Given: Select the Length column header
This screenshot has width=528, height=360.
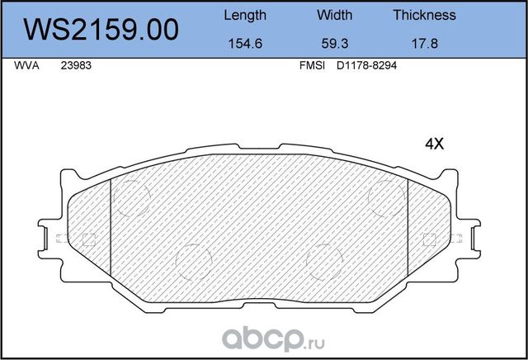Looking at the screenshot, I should click(245, 15).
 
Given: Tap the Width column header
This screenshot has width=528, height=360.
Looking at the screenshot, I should click(334, 15).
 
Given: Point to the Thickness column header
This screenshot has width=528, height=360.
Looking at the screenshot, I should click(424, 15).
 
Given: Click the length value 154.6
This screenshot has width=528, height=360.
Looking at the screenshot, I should click(245, 46).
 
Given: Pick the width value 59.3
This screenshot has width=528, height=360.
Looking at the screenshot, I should click(334, 46).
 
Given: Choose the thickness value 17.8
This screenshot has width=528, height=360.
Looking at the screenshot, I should click(424, 46).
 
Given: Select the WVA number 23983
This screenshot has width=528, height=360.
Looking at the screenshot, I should click(75, 69).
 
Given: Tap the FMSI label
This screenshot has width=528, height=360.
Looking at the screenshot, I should click(312, 69).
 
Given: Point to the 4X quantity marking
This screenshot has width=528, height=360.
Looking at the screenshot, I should click(434, 144).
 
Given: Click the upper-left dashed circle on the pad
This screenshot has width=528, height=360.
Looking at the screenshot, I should click(130, 197).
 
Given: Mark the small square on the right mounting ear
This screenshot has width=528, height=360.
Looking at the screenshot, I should click(428, 240).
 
